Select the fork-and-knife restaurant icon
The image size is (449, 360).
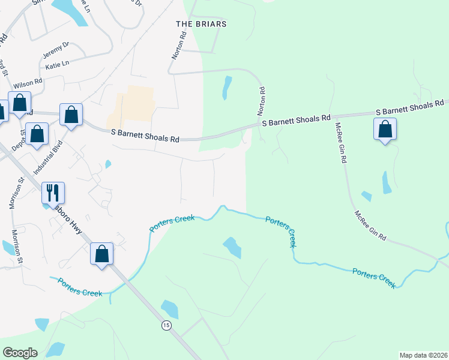(x=52, y=193)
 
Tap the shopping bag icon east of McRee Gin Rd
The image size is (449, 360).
(x=384, y=129)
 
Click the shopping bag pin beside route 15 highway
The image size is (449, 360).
(x=101, y=254)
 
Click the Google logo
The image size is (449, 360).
(x=19, y=353)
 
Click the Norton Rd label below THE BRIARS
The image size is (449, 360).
(x=176, y=46)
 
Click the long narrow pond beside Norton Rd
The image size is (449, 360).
(x=226, y=88)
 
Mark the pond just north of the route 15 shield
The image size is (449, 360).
(x=170, y=309)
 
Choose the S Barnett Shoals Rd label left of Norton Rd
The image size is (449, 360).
(x=145, y=136)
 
